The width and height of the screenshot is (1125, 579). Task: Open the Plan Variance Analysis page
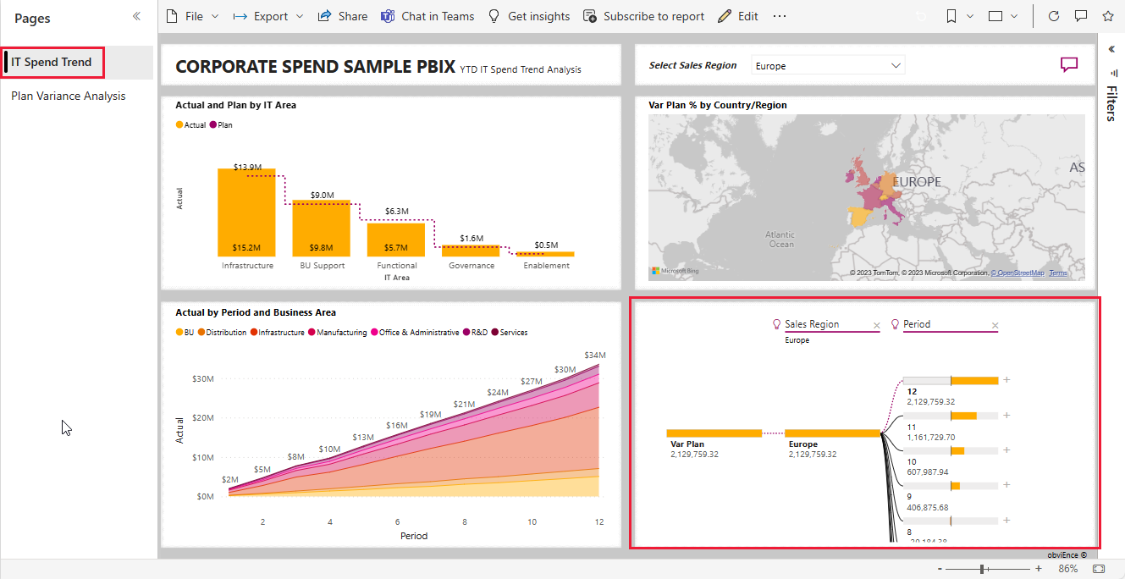click(68, 96)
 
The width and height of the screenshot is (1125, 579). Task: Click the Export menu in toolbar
click(269, 16)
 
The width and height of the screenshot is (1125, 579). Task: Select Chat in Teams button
click(427, 16)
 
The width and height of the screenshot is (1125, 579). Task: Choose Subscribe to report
click(644, 16)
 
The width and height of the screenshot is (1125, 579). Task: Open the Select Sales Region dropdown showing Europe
click(828, 65)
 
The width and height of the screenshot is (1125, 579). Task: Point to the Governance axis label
click(472, 266)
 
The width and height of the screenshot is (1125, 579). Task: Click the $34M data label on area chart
click(595, 355)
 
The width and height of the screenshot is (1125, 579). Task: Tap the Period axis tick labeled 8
click(465, 522)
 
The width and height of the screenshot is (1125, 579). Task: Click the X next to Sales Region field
click(877, 326)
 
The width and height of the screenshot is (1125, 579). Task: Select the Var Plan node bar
click(714, 433)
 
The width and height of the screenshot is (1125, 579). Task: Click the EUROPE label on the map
click(917, 182)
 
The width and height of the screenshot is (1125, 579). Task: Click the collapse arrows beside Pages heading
click(136, 17)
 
